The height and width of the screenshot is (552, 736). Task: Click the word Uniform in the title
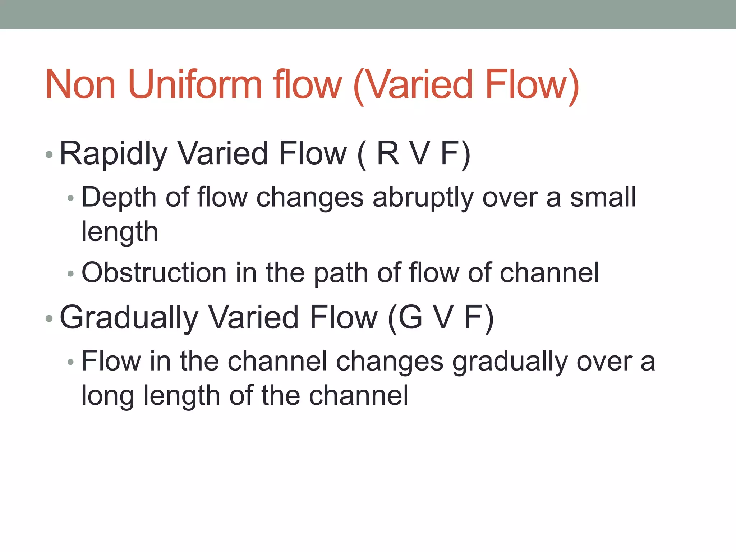(x=194, y=85)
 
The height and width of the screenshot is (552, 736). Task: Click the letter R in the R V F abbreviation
(x=388, y=153)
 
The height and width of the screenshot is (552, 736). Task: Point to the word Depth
(x=119, y=198)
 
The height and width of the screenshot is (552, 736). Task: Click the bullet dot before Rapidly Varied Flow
(x=50, y=155)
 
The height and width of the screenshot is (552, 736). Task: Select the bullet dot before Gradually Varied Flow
(x=50, y=318)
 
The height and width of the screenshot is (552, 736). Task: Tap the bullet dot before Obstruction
(x=70, y=274)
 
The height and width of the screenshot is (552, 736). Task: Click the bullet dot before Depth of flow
(x=70, y=198)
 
